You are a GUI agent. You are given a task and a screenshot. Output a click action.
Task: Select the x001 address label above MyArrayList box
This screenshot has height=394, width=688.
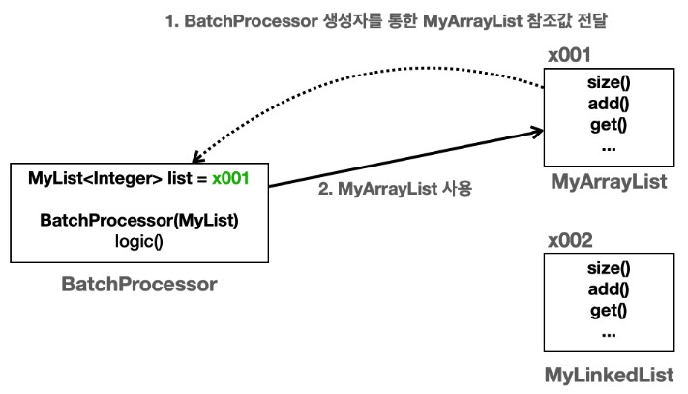pyautogui.click(x=568, y=55)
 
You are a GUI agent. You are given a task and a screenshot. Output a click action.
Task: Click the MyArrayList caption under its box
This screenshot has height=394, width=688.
pyautogui.click(x=608, y=182)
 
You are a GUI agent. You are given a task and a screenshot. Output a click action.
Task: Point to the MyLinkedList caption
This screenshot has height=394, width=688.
pyautogui.click(x=608, y=375)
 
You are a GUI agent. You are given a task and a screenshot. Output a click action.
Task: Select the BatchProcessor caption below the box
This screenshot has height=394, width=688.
pyautogui.click(x=139, y=285)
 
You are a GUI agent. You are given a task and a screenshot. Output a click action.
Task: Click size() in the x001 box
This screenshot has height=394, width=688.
pyautogui.click(x=608, y=84)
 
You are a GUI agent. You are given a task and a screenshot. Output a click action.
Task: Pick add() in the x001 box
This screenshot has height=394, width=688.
pyautogui.click(x=608, y=105)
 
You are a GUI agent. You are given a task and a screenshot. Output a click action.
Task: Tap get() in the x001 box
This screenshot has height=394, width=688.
pyautogui.click(x=608, y=125)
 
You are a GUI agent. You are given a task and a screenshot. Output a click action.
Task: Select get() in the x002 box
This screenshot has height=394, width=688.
pyautogui.click(x=608, y=311)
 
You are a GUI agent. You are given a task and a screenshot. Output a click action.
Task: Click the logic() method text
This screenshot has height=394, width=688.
pyautogui.click(x=139, y=240)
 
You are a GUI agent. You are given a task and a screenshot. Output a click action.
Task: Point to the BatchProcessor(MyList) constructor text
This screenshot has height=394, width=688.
pyautogui.click(x=139, y=220)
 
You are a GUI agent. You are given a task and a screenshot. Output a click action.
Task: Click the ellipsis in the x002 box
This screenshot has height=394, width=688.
pyautogui.click(x=608, y=332)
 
